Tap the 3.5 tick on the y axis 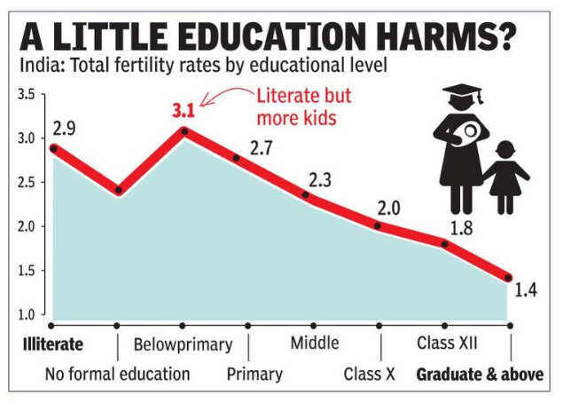tap(26, 95)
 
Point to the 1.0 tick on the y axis tap(26, 314)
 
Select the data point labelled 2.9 tap(53, 148)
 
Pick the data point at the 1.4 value tap(508, 277)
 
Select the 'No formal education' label tap(117, 374)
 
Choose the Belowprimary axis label tap(183, 343)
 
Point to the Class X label tap(369, 374)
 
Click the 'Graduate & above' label tap(480, 374)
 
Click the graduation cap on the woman tap(464, 92)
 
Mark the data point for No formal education tap(118, 190)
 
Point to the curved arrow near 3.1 tap(223, 94)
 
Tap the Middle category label tap(314, 343)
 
